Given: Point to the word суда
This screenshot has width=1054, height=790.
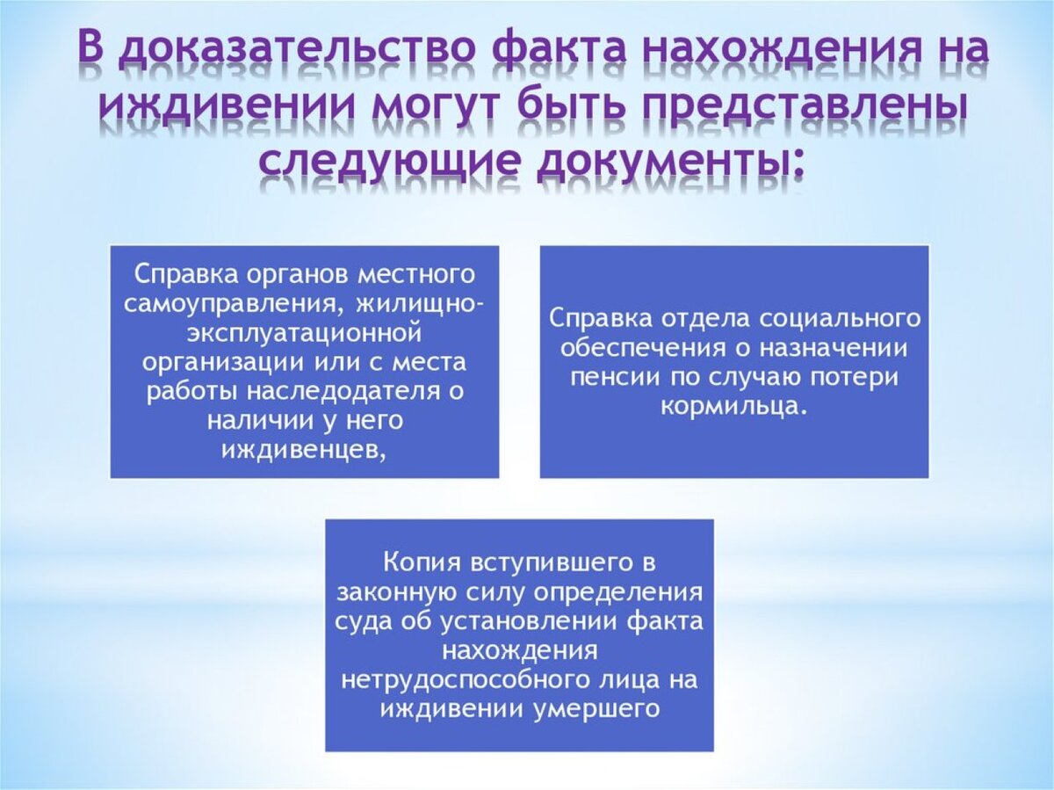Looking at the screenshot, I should point(364,621).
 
